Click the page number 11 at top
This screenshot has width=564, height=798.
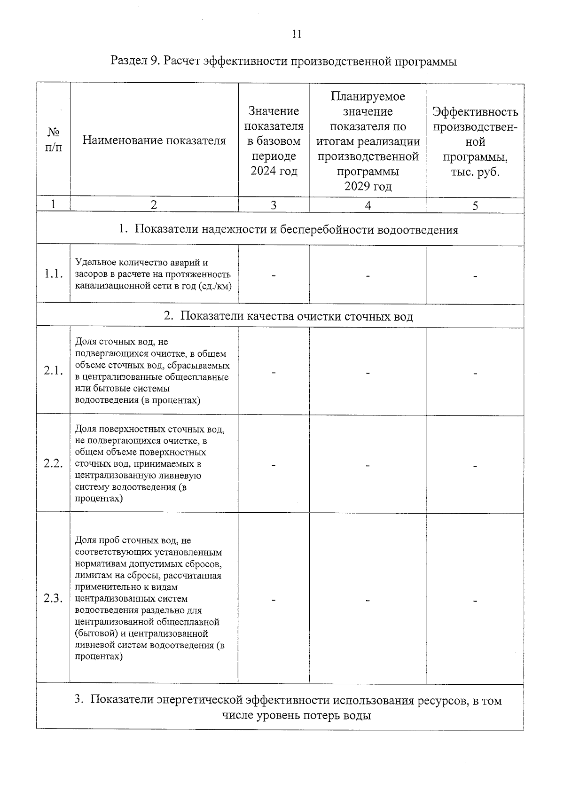[x=296, y=34]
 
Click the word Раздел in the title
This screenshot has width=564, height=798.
[x=129, y=62]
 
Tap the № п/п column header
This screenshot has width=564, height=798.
[x=53, y=140]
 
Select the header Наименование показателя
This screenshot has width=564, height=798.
[x=154, y=140]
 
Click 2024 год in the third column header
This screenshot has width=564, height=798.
[x=274, y=171]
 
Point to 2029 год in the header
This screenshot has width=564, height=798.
[x=368, y=186]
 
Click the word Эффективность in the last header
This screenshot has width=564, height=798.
[x=475, y=112]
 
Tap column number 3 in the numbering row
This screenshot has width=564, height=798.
[x=274, y=205]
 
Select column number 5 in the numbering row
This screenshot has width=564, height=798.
[x=475, y=205]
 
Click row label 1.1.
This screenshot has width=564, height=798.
[x=53, y=274]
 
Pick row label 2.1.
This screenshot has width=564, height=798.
[x=53, y=371]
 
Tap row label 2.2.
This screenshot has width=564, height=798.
[x=53, y=463]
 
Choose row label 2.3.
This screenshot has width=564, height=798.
[x=53, y=598]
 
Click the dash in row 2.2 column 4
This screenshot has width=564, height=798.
[x=368, y=466]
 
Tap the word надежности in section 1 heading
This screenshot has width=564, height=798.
[x=230, y=230]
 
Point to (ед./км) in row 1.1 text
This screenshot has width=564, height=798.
[x=215, y=286]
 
